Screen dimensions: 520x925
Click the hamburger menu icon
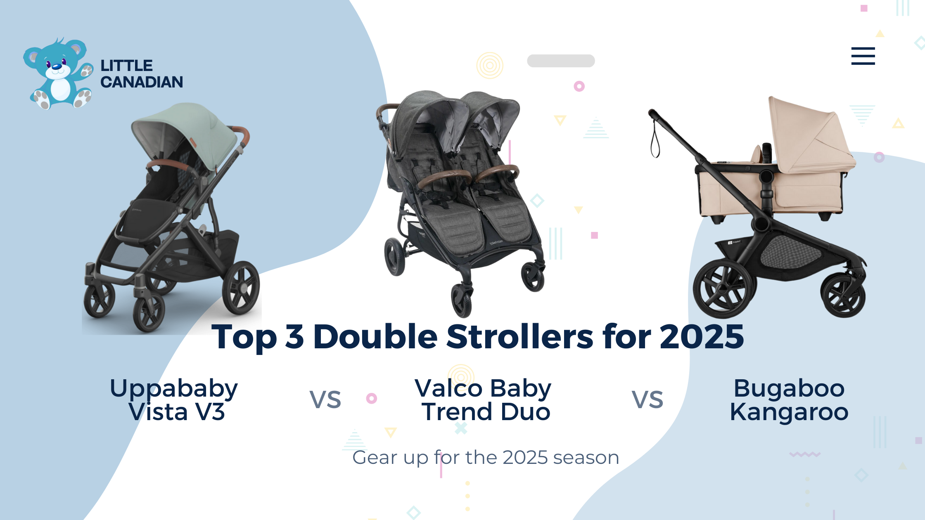point(863,56)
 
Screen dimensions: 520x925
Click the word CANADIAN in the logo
point(142,82)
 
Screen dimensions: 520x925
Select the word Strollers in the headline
point(520,337)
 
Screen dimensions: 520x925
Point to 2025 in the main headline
point(702,337)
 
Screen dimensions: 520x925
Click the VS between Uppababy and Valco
point(325,399)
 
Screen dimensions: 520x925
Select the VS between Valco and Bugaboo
point(647,399)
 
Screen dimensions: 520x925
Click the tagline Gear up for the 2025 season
point(486,457)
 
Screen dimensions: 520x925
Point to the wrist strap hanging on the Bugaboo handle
point(655,142)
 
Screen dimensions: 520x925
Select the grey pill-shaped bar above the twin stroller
point(561,61)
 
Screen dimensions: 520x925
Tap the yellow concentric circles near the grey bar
point(490,65)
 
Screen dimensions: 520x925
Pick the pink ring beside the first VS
point(372,398)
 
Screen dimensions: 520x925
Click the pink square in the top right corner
point(864,8)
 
